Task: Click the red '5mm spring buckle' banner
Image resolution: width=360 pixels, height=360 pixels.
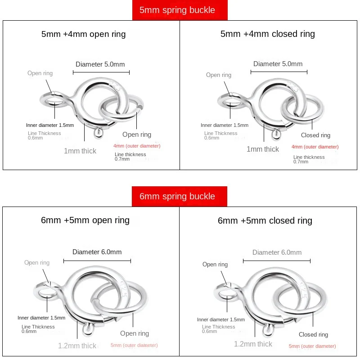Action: pyautogui.click(x=180, y=10)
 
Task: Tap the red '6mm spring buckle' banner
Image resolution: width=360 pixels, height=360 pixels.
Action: pyautogui.click(x=180, y=196)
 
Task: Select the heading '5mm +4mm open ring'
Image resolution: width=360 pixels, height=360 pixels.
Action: pyautogui.click(x=84, y=34)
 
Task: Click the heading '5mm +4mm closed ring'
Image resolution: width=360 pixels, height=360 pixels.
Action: pyautogui.click(x=267, y=34)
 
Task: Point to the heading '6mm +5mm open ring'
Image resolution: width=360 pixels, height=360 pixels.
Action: pyautogui.click(x=85, y=220)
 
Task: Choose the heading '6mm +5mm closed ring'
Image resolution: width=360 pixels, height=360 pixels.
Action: pyautogui.click(x=265, y=221)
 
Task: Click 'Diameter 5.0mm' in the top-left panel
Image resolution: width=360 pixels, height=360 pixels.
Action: pyautogui.click(x=100, y=64)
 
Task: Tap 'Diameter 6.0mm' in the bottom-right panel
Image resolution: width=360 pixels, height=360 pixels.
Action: pyautogui.click(x=277, y=252)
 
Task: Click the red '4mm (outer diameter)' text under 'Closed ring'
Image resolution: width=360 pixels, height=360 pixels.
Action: pyautogui.click(x=315, y=147)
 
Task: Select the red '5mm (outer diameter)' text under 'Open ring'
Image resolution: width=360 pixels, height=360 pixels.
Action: pyautogui.click(x=134, y=345)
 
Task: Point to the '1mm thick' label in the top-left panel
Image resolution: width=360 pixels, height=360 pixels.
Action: pyautogui.click(x=80, y=151)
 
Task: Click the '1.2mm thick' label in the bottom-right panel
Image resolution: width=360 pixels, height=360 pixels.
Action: pyautogui.click(x=253, y=344)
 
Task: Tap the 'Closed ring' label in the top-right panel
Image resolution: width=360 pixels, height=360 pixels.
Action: pyautogui.click(x=315, y=135)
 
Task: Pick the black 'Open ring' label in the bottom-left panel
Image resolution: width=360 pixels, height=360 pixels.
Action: pyautogui.click(x=135, y=333)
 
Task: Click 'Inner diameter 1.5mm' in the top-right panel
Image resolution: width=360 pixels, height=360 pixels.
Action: pyautogui.click(x=225, y=125)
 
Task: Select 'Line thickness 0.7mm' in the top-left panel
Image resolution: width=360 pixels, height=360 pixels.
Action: pyautogui.click(x=130, y=157)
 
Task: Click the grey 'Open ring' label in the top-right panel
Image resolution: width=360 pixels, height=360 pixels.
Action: pyautogui.click(x=219, y=75)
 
